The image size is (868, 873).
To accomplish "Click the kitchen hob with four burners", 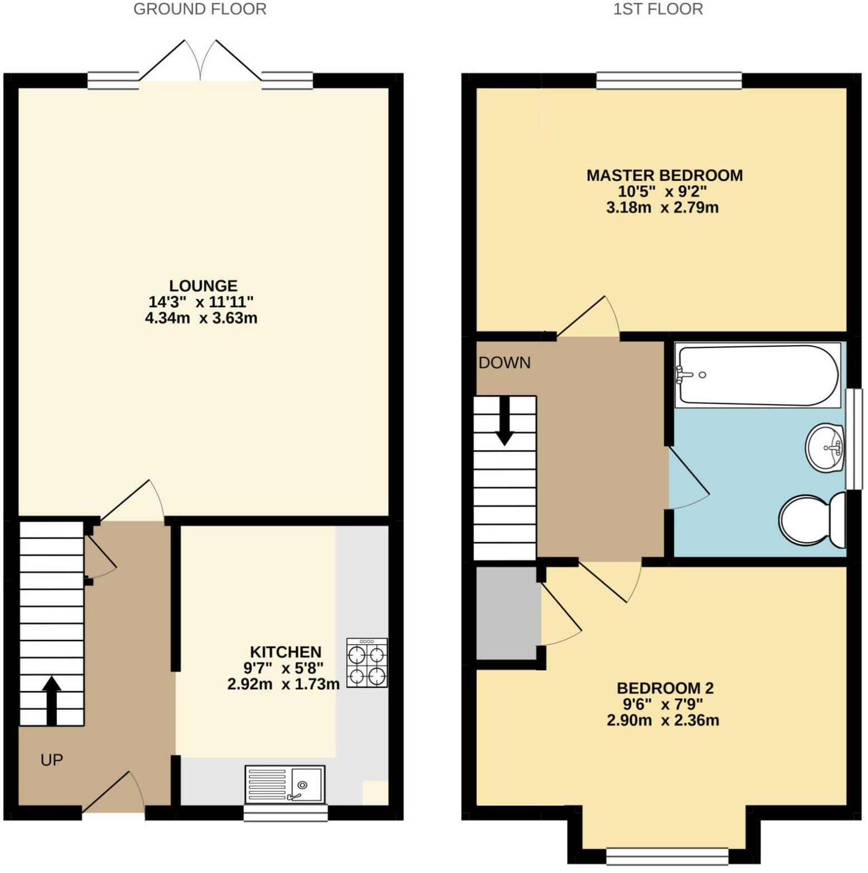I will tap(367, 663).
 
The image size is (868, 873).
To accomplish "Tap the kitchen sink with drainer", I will tap(285, 784).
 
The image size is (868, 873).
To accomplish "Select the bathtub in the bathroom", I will tap(757, 375).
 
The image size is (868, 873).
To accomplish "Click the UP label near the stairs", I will tap(52, 760).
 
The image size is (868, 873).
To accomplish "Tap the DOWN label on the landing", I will tap(505, 363).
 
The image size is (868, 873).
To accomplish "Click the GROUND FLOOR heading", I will tap(200, 9).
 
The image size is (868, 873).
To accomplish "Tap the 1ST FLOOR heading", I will tap(658, 9).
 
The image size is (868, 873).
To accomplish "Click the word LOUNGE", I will tap(203, 286).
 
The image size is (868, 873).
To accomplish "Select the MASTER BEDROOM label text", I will tap(664, 175).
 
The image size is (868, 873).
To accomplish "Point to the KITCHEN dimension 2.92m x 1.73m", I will tap(283, 684).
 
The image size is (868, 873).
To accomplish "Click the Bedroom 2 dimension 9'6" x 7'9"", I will tap(664, 704).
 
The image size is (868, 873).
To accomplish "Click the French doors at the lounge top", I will tap(200, 61).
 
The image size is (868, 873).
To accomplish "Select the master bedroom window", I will tap(669, 81).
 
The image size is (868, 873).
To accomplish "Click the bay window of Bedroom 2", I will tap(667, 854).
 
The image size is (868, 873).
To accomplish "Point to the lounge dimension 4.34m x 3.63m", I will tap(201, 318).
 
